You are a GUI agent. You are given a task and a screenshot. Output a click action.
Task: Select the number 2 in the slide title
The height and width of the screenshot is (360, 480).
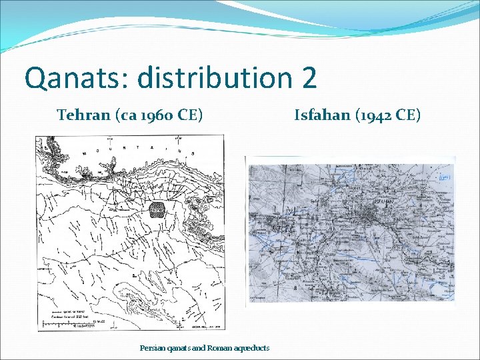[309, 78]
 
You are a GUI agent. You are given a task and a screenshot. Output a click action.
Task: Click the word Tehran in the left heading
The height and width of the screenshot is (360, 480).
[83, 115]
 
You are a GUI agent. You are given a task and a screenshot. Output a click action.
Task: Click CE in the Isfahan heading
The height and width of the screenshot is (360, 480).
[408, 115]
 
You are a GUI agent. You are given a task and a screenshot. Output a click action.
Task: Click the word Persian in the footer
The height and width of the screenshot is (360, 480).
[151, 348]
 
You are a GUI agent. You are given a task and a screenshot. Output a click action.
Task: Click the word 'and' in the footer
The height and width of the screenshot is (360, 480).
[199, 348]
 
